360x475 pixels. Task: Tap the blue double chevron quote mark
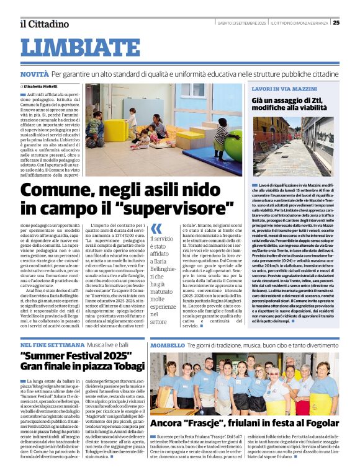156,228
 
